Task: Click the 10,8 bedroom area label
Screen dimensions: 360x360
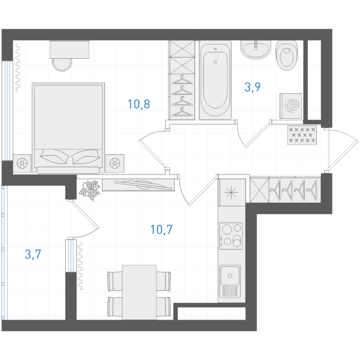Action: point(139,104)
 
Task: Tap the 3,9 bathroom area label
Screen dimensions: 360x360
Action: point(253,87)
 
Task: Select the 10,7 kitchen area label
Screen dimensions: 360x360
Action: point(161,230)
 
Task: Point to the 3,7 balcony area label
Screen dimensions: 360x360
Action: point(33,254)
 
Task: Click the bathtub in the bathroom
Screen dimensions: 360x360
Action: point(215,80)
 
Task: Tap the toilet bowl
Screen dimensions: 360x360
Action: point(287,55)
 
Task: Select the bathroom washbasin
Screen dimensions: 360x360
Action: point(256,50)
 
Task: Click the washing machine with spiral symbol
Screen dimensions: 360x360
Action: point(290,106)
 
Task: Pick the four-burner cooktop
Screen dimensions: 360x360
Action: point(231,236)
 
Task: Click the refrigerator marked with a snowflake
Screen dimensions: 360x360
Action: point(232,193)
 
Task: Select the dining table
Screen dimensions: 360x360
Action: point(139,292)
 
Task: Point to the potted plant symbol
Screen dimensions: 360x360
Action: point(90,190)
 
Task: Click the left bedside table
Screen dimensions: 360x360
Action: point(22,163)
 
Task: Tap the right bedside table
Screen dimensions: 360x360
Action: point(115,163)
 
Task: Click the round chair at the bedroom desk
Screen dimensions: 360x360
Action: point(62,65)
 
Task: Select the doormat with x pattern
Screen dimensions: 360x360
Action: point(302,135)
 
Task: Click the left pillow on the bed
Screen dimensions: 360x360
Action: point(55,157)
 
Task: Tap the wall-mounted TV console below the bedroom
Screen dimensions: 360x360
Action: point(138,185)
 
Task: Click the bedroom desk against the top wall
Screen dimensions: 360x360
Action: point(70,50)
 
